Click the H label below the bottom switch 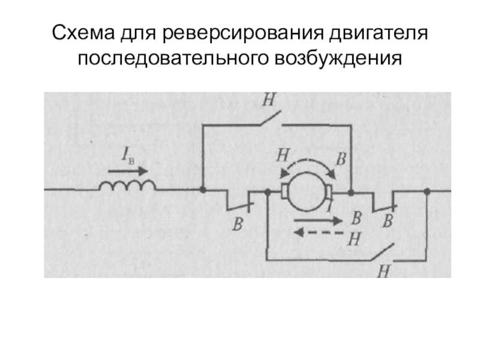pyautogui.click(x=383, y=271)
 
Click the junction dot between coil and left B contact pyautogui.click(x=203, y=191)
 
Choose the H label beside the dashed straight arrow pyautogui.click(x=353, y=239)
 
